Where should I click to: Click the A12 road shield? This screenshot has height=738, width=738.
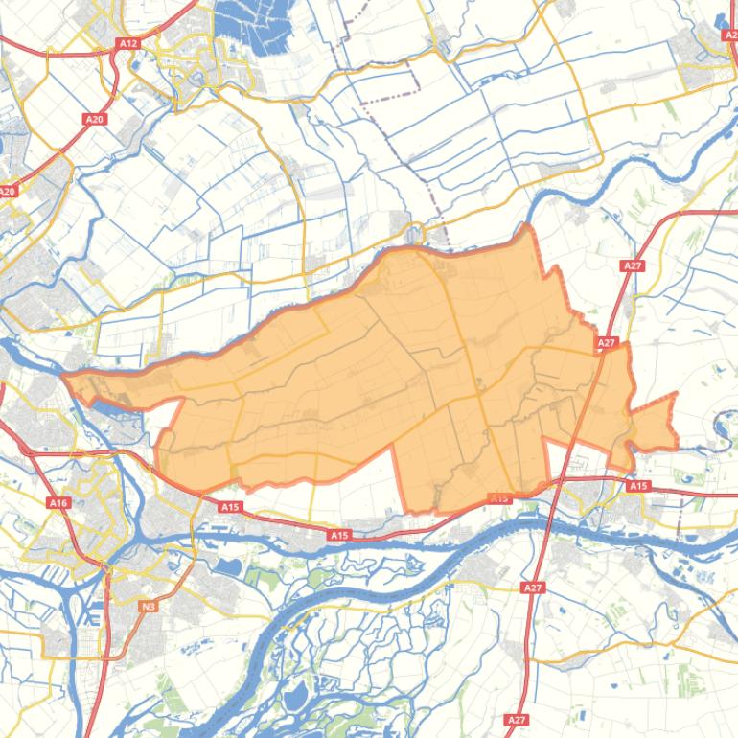(127, 43)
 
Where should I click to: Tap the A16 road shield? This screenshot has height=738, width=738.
(58, 503)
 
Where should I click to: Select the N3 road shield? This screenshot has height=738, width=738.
(148, 607)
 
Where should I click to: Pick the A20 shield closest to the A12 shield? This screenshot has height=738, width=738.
(94, 119)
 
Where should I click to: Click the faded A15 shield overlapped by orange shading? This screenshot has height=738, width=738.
(499, 498)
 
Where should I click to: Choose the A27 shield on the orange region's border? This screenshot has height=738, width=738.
(606, 342)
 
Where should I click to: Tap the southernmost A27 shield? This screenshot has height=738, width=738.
(517, 719)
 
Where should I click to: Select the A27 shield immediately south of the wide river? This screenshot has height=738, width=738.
(533, 587)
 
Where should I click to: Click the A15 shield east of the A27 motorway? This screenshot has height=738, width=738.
(638, 486)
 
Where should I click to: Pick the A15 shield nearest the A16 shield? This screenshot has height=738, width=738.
(229, 507)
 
